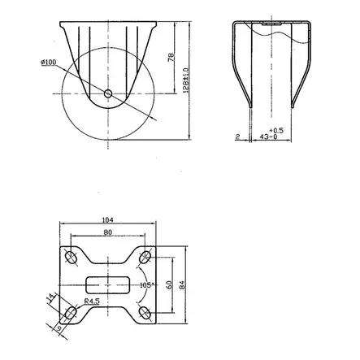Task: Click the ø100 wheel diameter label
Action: [47, 63]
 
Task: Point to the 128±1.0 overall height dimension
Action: [186, 80]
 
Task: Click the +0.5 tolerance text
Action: [276, 130]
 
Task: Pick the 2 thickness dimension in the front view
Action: [236, 138]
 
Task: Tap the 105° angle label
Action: [147, 285]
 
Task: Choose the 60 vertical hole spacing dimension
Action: [169, 285]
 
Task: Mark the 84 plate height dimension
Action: [183, 285]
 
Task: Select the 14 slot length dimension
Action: [51, 299]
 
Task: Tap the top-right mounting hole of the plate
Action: [145, 258]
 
